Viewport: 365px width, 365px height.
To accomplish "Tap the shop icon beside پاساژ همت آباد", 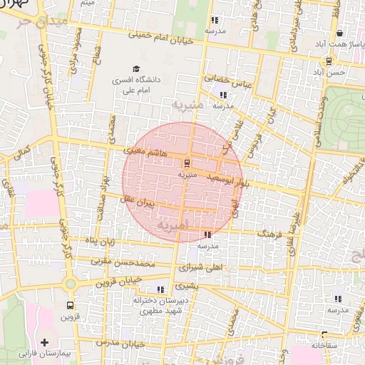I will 339,33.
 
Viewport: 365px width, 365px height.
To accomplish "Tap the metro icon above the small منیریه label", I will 187,162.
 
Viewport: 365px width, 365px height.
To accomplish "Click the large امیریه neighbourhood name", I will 173,227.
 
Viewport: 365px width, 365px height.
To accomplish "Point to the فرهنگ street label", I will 270,234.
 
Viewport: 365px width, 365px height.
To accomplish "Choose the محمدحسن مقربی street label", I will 126,263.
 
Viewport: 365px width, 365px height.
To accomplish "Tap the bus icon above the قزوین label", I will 69,304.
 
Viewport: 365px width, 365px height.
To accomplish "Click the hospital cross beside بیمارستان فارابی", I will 46,343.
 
